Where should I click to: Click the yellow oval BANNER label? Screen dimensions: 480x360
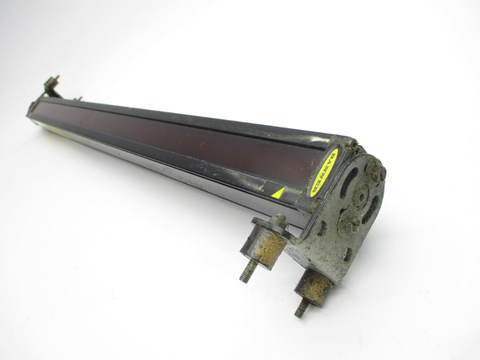(x=324, y=173)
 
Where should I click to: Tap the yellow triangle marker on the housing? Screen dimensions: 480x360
(x=279, y=193)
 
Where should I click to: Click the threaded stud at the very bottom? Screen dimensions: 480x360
(x=301, y=307)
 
